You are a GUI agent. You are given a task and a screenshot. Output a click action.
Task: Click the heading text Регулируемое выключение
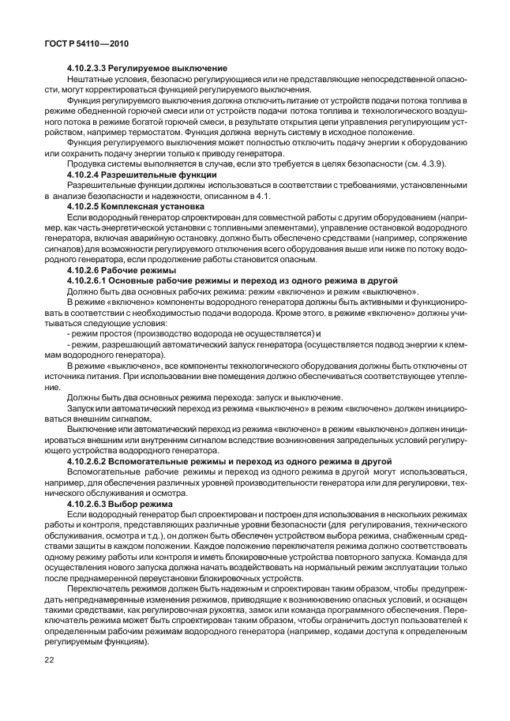169,69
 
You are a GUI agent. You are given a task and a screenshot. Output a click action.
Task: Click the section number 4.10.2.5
84,205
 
